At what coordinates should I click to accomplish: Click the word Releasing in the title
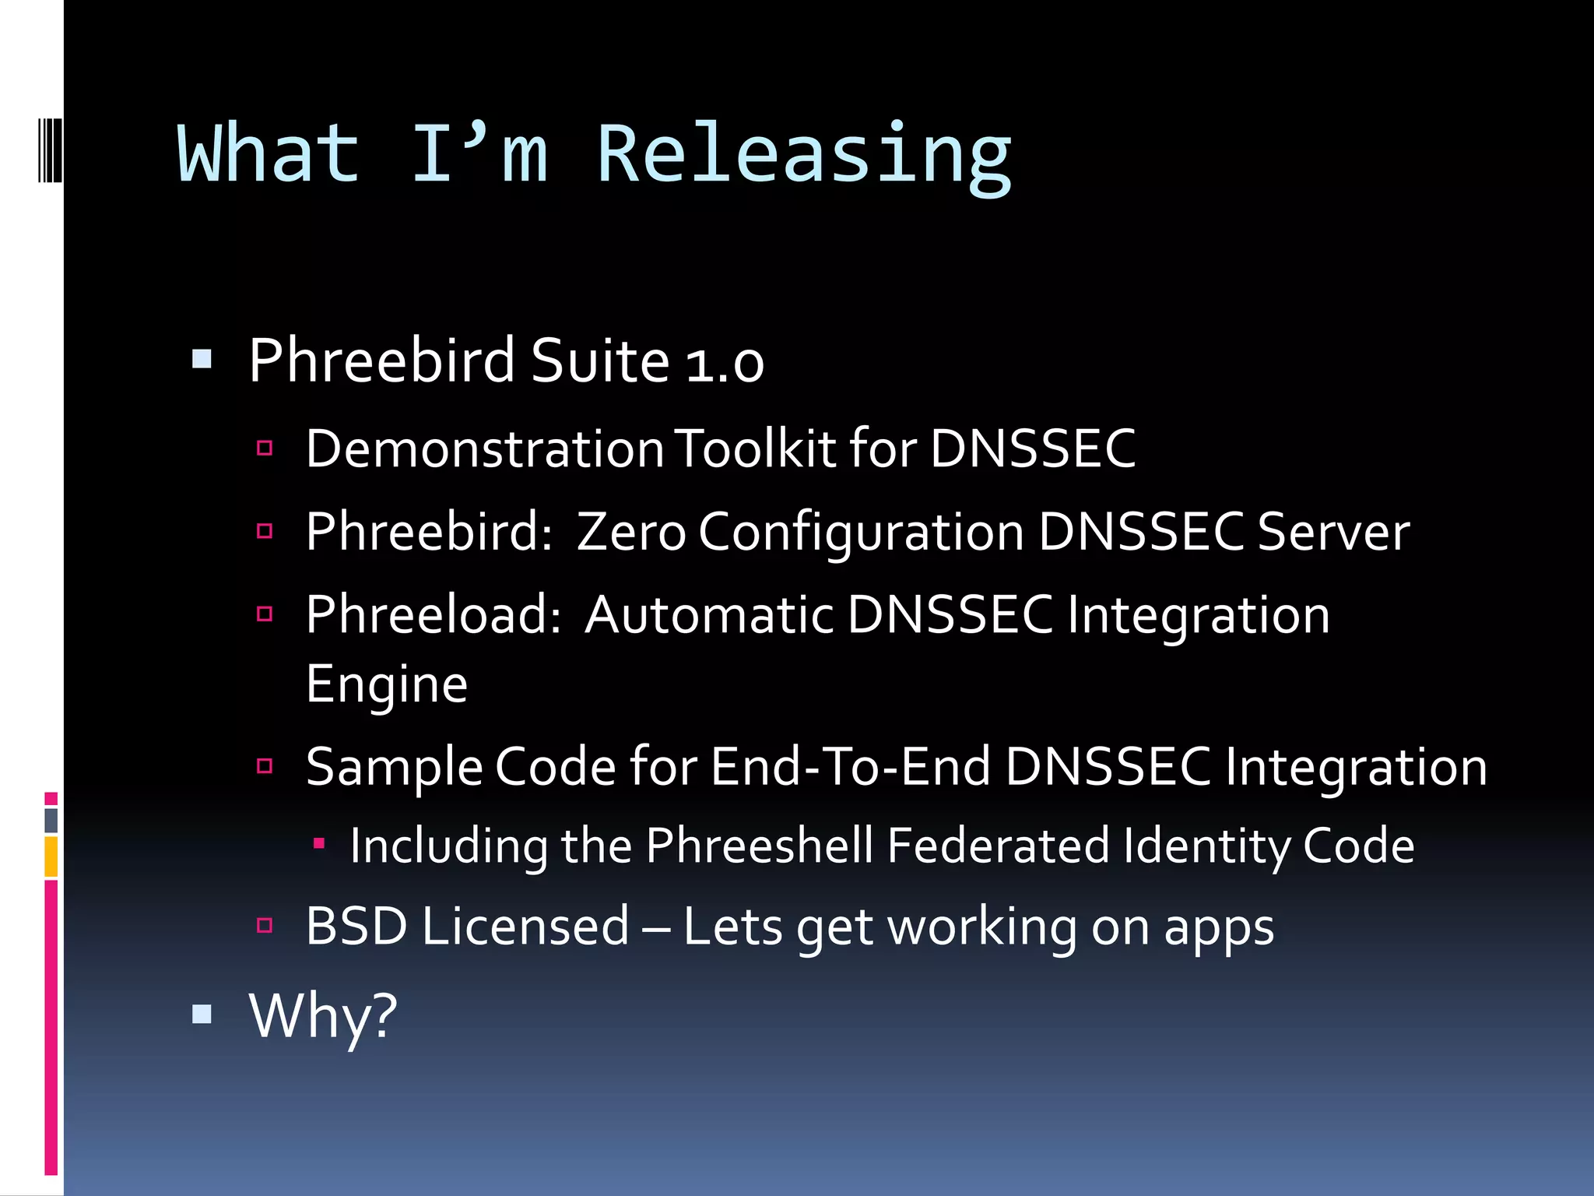(804, 156)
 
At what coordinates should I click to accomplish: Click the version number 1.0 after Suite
(725, 364)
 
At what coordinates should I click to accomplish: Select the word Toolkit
(755, 449)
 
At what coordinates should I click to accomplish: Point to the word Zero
(630, 533)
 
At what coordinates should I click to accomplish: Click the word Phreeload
(433, 615)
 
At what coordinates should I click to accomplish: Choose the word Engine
(387, 685)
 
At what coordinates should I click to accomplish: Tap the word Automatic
(709, 615)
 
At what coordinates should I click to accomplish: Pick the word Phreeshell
(759, 846)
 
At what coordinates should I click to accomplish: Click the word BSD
(356, 927)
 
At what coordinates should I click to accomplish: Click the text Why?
(322, 1016)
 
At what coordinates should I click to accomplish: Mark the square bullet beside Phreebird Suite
(202, 359)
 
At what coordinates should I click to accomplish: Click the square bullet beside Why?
(202, 1014)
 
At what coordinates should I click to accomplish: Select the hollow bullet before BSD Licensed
(265, 925)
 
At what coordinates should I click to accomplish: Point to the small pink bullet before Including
(318, 842)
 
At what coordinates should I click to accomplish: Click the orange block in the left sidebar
(51, 857)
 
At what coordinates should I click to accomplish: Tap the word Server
(1332, 533)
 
